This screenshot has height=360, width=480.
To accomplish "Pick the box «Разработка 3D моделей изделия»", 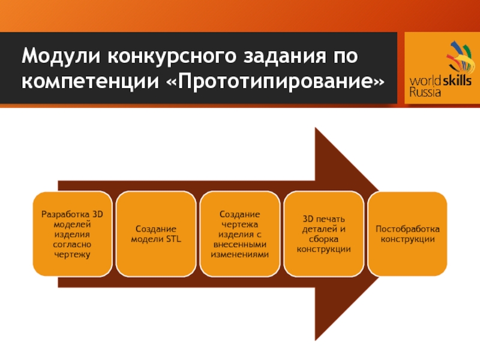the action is point(73,234).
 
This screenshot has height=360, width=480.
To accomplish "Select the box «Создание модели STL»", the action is point(156,234).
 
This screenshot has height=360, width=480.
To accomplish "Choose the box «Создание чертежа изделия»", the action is point(240,234).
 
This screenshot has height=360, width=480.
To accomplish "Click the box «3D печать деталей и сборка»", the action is point(323,234).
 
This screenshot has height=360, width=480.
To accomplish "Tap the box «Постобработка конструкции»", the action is point(407,234).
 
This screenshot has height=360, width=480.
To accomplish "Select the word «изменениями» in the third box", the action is point(240,254).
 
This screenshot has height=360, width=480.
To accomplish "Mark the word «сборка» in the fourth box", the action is point(323,239).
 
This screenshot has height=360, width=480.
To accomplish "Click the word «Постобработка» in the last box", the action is point(407,229).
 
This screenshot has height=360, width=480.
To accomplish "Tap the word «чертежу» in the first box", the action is point(73,255).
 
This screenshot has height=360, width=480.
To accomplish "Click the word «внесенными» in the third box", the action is point(240,244).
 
